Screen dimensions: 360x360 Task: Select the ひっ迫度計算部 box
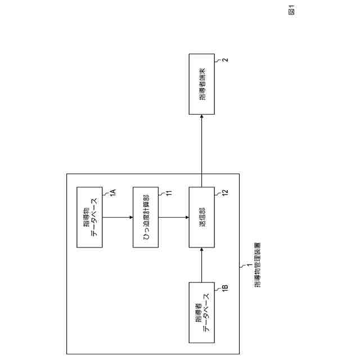145,217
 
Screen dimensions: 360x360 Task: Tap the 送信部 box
201,217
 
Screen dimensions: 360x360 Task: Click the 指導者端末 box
201,84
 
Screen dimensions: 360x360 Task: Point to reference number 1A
112,192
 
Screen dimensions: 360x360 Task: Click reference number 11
169,193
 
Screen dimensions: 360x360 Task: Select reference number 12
224,193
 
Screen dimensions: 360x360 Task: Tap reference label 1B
224,288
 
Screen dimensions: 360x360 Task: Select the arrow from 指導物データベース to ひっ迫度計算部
117,217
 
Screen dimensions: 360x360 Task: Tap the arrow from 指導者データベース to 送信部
201,265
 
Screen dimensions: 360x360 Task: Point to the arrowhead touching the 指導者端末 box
201,115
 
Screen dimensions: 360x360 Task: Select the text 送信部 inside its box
201,217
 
